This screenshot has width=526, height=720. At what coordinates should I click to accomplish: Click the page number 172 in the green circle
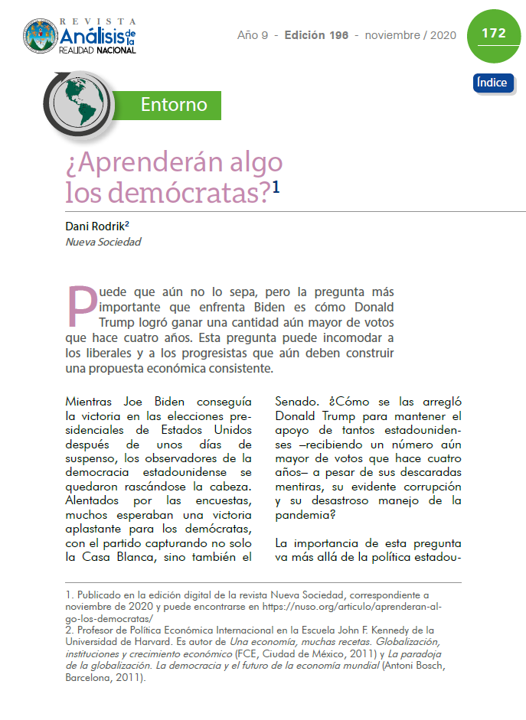pyautogui.click(x=493, y=34)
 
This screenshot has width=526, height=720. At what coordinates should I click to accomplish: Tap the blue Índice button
pyautogui.click(x=493, y=83)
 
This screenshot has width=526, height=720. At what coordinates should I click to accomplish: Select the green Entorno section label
pyautogui.click(x=174, y=104)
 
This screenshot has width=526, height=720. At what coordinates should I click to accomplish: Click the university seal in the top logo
pyautogui.click(x=41, y=35)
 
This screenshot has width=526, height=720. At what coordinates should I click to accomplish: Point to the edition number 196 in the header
pyautogui.click(x=341, y=35)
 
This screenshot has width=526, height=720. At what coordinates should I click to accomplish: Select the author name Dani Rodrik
pyautogui.click(x=96, y=226)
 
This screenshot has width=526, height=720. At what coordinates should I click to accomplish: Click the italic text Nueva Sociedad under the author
pyautogui.click(x=103, y=242)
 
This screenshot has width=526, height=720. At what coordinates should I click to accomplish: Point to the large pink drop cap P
pyautogui.click(x=83, y=305)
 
